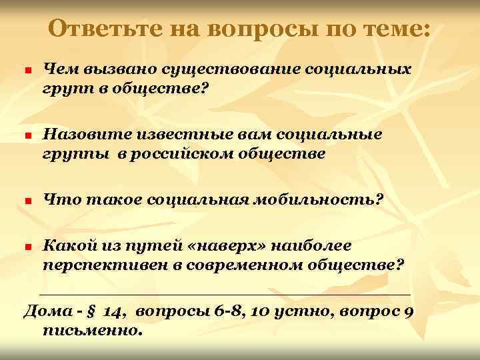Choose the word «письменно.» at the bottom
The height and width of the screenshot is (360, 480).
(92, 329)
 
